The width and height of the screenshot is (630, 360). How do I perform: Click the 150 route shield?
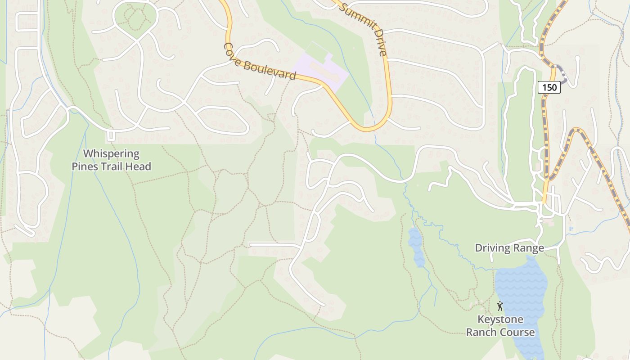(x=549, y=88)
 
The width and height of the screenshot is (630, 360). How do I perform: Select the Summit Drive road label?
(x=363, y=28)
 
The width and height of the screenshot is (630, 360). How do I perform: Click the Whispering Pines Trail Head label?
(x=112, y=160)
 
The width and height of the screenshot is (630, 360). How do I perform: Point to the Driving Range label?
(x=509, y=248)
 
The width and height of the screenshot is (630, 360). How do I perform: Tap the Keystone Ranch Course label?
(x=500, y=326)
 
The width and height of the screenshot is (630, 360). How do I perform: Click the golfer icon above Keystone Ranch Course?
(x=500, y=306)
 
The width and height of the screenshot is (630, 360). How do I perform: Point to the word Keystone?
(x=500, y=320)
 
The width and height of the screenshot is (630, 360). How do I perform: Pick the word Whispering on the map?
(x=112, y=154)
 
